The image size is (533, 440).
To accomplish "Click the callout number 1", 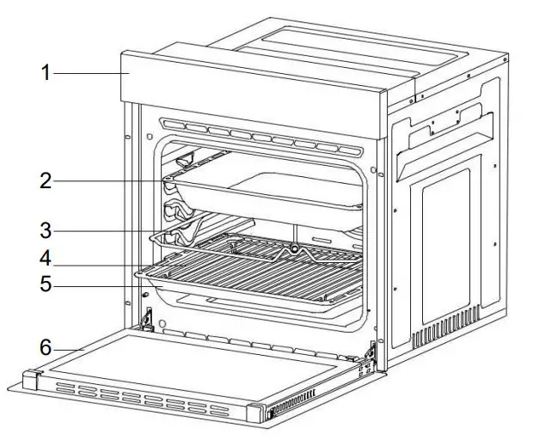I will point(46,73).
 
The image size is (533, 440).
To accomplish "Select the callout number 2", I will point(46,181).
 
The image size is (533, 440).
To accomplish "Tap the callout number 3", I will point(46,230).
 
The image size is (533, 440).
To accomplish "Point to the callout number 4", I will point(46,257).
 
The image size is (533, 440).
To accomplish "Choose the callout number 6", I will point(46,348).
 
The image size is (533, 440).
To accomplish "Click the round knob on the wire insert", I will point(293,249).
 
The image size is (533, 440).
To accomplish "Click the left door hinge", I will point(148,320).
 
